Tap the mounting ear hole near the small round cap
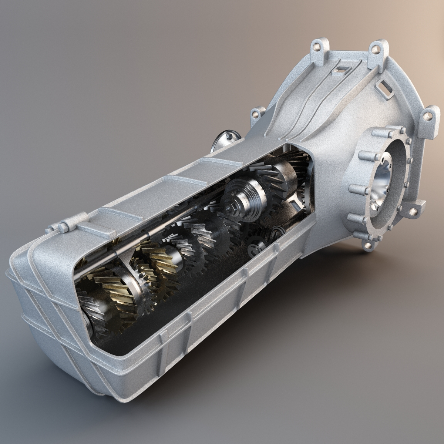click(257, 113)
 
